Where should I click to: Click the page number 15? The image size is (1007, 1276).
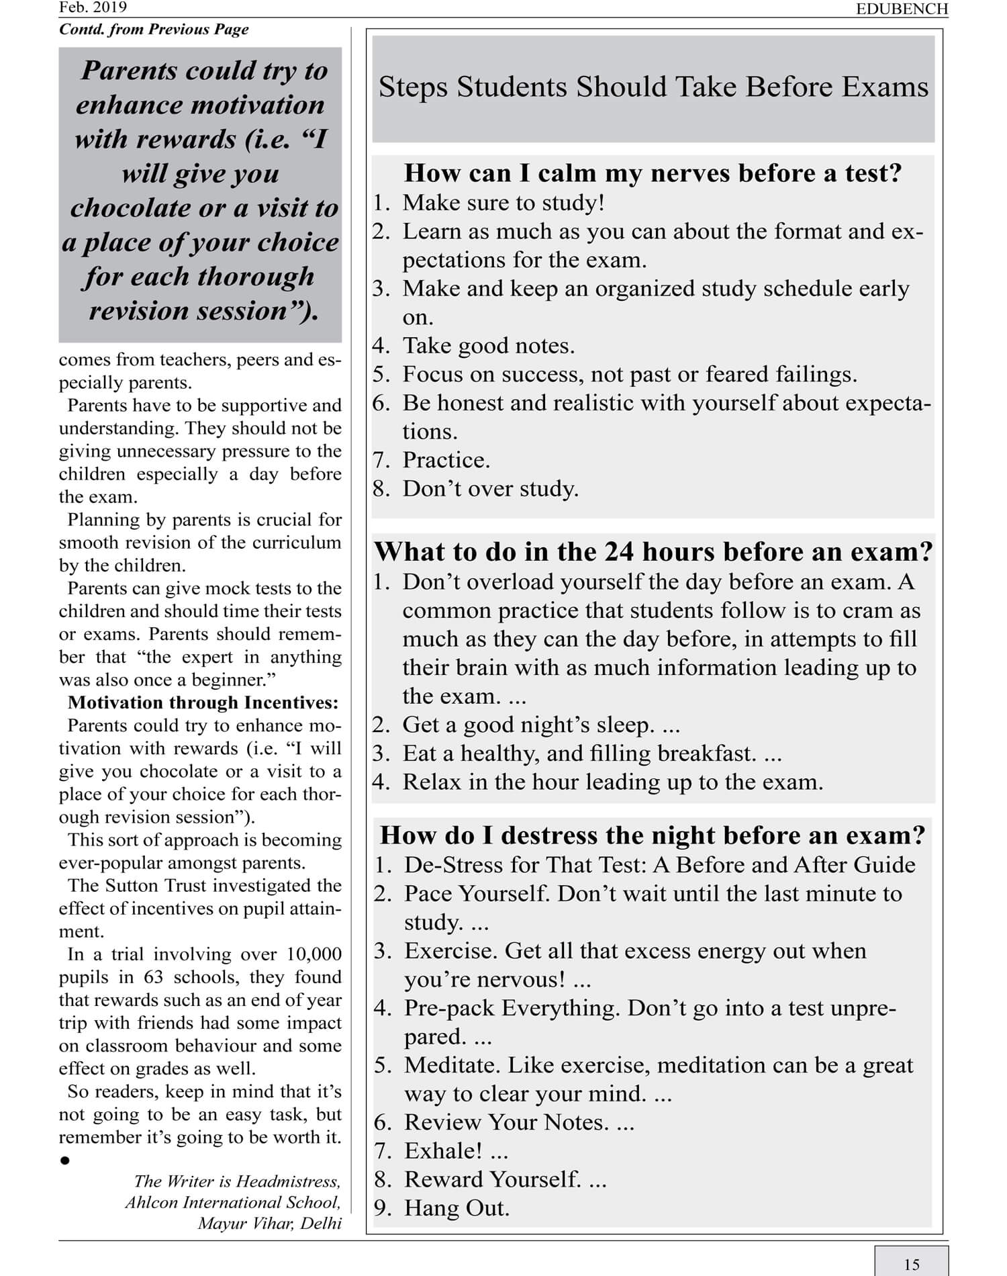(x=911, y=1265)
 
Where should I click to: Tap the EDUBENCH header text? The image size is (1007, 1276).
(x=902, y=9)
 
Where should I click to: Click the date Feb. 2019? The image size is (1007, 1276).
(x=93, y=7)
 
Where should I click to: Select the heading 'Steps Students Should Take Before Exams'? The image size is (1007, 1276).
(x=653, y=87)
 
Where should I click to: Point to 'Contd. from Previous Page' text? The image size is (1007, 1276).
(x=154, y=30)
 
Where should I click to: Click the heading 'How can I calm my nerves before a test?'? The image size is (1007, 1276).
(x=653, y=173)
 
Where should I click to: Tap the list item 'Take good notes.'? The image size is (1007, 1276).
(x=488, y=345)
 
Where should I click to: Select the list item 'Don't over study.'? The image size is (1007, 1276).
(x=490, y=488)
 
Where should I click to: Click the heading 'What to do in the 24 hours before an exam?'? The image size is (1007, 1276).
(x=653, y=551)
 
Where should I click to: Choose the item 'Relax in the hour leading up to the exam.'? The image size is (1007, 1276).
(x=612, y=782)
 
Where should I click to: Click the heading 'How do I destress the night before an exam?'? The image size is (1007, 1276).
(x=653, y=835)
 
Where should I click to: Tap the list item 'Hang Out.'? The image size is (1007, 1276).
(x=457, y=1208)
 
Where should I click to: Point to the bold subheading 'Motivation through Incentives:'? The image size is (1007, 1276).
(x=203, y=702)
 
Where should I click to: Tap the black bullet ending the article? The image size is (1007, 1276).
(x=65, y=1160)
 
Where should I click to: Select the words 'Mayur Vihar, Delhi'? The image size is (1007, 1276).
(x=269, y=1223)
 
